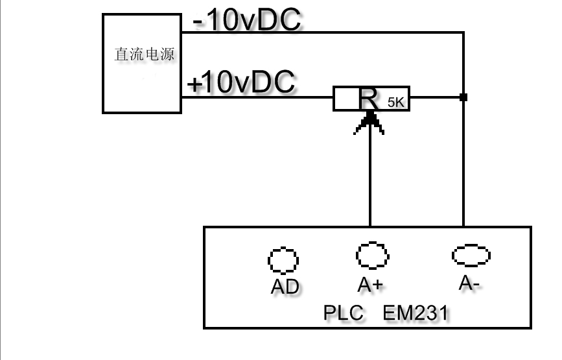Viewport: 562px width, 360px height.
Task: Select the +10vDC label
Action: click(241, 83)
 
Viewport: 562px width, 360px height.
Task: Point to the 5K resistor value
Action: click(395, 102)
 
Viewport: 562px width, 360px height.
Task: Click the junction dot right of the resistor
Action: click(463, 97)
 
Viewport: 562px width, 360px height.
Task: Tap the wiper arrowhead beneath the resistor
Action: click(369, 120)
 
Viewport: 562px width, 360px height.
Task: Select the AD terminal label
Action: click(285, 286)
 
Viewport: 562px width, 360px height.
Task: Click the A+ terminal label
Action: click(371, 284)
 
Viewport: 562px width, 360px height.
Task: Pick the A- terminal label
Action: click(469, 283)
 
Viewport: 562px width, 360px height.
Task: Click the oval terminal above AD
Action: click(283, 261)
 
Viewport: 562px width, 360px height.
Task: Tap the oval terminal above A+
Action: click(372, 256)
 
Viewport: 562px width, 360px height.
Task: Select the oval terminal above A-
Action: click(471, 256)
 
